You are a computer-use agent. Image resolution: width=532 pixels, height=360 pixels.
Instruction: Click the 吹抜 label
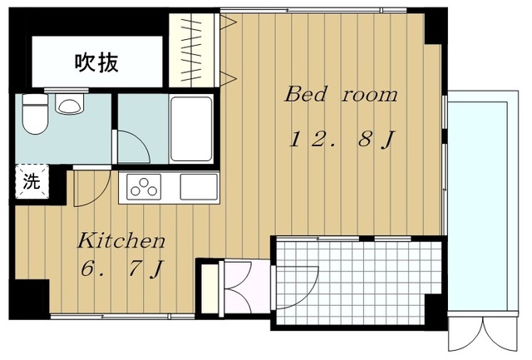pyautogui.click(x=96, y=62)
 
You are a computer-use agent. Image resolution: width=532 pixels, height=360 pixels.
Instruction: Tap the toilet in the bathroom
pyautogui.click(x=34, y=116)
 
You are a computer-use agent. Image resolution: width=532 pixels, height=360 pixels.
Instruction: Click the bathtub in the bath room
pyautogui.click(x=190, y=128)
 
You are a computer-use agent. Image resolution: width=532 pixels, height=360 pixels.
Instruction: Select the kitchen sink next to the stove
pyautogui.click(x=198, y=187)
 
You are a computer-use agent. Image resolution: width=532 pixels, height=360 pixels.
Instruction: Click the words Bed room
pyautogui.click(x=341, y=94)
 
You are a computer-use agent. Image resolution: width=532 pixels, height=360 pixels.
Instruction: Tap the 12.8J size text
pyautogui.click(x=341, y=139)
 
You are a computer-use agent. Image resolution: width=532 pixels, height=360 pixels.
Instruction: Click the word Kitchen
pyautogui.click(x=121, y=242)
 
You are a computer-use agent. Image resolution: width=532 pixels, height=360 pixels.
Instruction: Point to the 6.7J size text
pyautogui.click(x=121, y=270)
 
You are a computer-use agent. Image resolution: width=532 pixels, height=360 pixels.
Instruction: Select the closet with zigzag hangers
pyautogui.click(x=195, y=49)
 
